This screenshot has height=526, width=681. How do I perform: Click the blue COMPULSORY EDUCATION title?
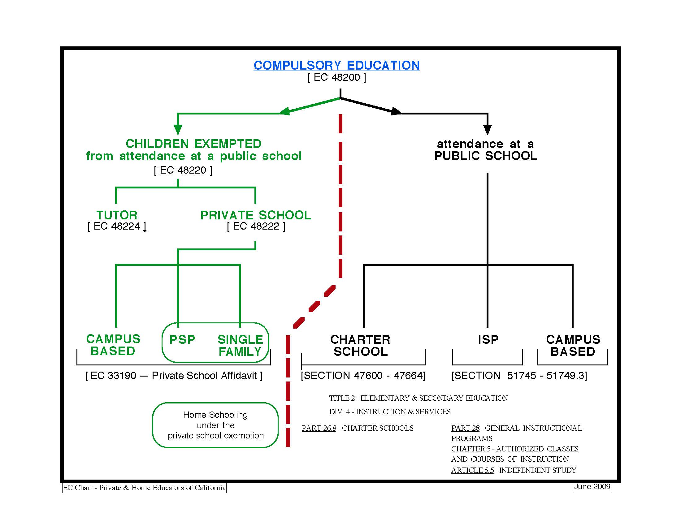click(x=336, y=65)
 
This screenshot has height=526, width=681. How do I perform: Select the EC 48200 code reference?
click(x=337, y=78)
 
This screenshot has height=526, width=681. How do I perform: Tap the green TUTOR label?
click(x=117, y=215)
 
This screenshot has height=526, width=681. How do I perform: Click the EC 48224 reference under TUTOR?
click(x=117, y=226)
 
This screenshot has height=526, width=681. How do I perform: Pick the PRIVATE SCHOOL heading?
click(x=256, y=215)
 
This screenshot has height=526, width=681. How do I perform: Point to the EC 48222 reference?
click(x=256, y=226)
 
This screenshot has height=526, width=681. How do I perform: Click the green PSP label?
click(x=182, y=339)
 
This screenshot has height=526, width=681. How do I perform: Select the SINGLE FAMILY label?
click(x=240, y=345)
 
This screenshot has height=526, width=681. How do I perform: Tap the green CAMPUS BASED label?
click(x=113, y=345)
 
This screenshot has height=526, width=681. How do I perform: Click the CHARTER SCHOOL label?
click(x=360, y=345)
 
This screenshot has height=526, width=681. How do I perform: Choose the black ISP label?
click(x=488, y=339)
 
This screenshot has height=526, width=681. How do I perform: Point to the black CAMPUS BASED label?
click(x=573, y=345)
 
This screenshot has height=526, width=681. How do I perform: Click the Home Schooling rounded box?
click(x=215, y=425)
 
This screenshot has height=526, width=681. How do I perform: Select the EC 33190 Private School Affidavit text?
click(x=174, y=376)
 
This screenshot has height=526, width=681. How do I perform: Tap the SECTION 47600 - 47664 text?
click(x=363, y=376)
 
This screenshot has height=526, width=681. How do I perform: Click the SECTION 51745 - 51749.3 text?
click(x=519, y=376)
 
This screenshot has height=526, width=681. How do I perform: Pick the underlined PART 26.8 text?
click(x=319, y=428)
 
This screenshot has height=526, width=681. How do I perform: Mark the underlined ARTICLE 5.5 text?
click(x=472, y=470)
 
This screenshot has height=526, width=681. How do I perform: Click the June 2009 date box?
click(x=592, y=487)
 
